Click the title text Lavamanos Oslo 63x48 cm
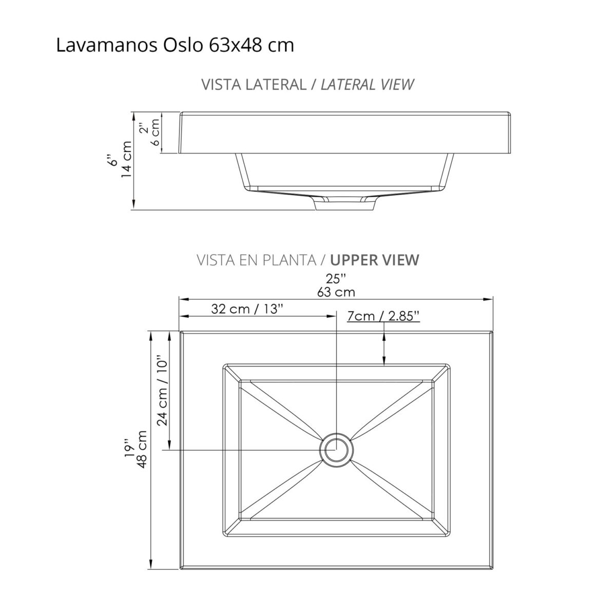pos(175,46)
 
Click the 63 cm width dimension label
pos(336,292)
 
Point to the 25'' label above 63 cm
pos(336,279)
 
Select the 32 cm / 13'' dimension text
pos(247,309)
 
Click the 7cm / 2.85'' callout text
pos(383,316)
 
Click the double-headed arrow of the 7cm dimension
pos(384,349)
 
